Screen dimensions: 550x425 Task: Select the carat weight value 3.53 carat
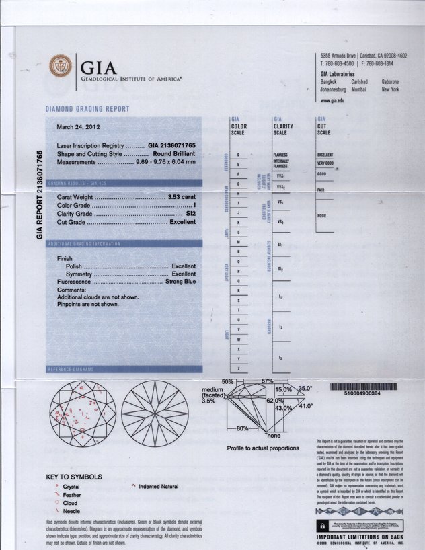coord(182,196)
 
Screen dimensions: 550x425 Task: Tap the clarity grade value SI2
coord(191,213)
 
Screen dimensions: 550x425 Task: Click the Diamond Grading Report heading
coord(87,108)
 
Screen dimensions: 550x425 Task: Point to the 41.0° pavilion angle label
coord(306,406)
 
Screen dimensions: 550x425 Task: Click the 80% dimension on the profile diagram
coord(243,428)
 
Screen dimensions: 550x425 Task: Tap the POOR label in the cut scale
coord(321,216)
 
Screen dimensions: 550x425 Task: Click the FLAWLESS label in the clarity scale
coord(280,155)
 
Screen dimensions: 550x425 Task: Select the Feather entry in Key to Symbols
coord(72,494)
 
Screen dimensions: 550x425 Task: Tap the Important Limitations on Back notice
coord(361,538)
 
